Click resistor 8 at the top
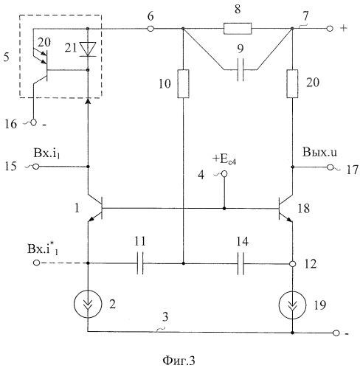point(238,29)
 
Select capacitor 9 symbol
point(240,70)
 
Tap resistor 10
point(183,84)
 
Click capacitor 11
point(140,263)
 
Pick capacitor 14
point(241,263)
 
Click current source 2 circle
point(88,304)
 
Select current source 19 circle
point(292,305)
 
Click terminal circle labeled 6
point(150,29)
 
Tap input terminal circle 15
point(36,167)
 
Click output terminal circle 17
point(330,167)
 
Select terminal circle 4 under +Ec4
point(224,174)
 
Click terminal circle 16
point(33,122)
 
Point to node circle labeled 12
point(292,264)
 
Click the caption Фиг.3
point(179,361)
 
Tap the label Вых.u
point(319,152)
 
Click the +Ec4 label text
point(224,160)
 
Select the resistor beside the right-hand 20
point(292,84)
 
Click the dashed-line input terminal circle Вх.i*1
point(36,263)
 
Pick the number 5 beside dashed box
point(7,57)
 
